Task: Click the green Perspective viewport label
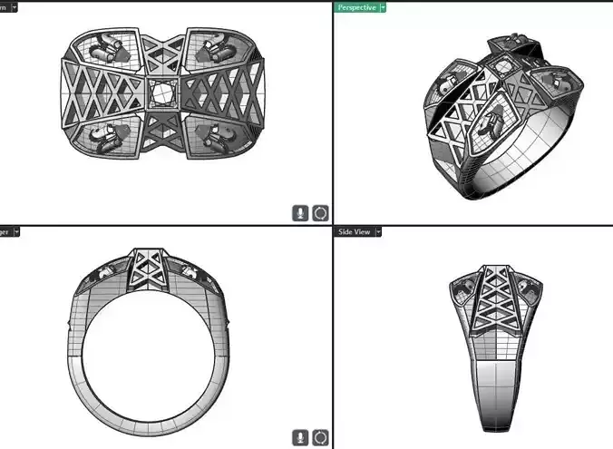click(x=355, y=7)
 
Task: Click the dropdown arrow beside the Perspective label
click(x=383, y=7)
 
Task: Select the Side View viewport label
click(x=354, y=232)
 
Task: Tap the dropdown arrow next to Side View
click(x=379, y=232)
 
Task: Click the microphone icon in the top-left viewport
click(x=300, y=213)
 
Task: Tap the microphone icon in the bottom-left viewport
click(x=300, y=438)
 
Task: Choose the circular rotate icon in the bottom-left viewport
click(x=320, y=438)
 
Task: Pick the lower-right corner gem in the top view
click(x=215, y=138)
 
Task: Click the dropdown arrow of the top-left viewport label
click(x=13, y=7)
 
